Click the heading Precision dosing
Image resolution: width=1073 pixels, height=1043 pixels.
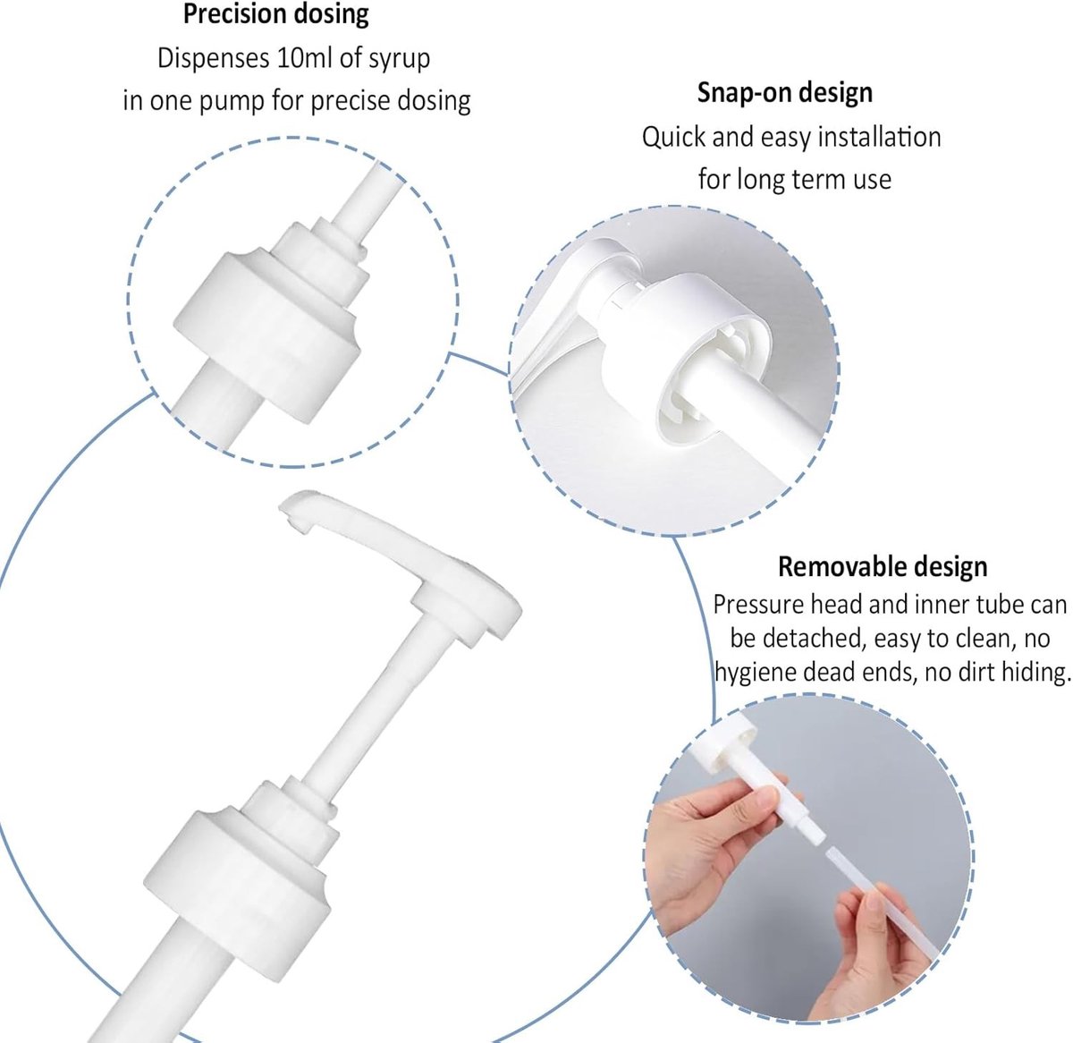(x=275, y=15)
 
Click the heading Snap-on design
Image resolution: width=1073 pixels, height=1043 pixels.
(x=784, y=93)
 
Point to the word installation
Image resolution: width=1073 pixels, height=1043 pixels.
(x=879, y=137)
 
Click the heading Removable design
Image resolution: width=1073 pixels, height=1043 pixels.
(x=883, y=566)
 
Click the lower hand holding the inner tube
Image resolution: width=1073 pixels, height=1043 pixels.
(x=871, y=950)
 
